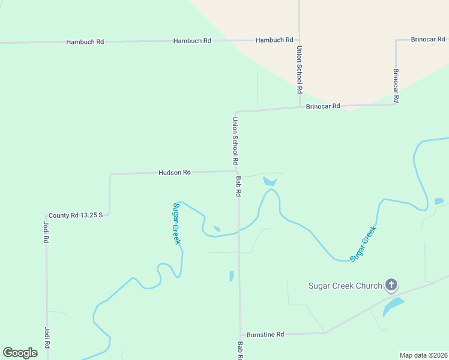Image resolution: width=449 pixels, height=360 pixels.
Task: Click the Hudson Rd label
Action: (174, 172)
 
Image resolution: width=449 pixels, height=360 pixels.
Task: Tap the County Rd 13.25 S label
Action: (76, 215)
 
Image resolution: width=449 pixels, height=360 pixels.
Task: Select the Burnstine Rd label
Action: (264, 334)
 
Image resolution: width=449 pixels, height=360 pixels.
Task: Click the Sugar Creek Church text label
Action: (345, 286)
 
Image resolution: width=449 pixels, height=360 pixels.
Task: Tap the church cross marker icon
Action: (391, 285)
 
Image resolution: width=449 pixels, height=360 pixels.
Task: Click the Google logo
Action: (20, 353)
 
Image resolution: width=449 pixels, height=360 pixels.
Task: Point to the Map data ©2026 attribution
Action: (423, 355)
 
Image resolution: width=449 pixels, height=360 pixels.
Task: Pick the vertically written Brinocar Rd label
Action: (396, 86)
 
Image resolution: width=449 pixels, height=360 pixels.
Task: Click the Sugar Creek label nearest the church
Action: (363, 243)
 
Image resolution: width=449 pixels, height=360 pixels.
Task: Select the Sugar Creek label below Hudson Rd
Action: (176, 223)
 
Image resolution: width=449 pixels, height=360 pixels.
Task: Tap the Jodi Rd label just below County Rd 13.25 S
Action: (46, 232)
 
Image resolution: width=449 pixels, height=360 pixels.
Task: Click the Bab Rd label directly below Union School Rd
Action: (238, 187)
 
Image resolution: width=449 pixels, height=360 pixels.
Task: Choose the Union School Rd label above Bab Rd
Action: (235, 142)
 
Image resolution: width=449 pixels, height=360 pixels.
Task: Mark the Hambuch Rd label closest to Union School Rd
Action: (274, 40)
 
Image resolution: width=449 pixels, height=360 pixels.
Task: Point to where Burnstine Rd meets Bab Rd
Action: (241, 334)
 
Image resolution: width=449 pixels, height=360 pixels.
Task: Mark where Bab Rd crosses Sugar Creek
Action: (239, 230)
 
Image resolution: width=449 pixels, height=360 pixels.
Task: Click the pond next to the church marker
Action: (393, 307)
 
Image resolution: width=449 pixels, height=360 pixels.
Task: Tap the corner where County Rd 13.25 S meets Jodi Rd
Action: (47, 215)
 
